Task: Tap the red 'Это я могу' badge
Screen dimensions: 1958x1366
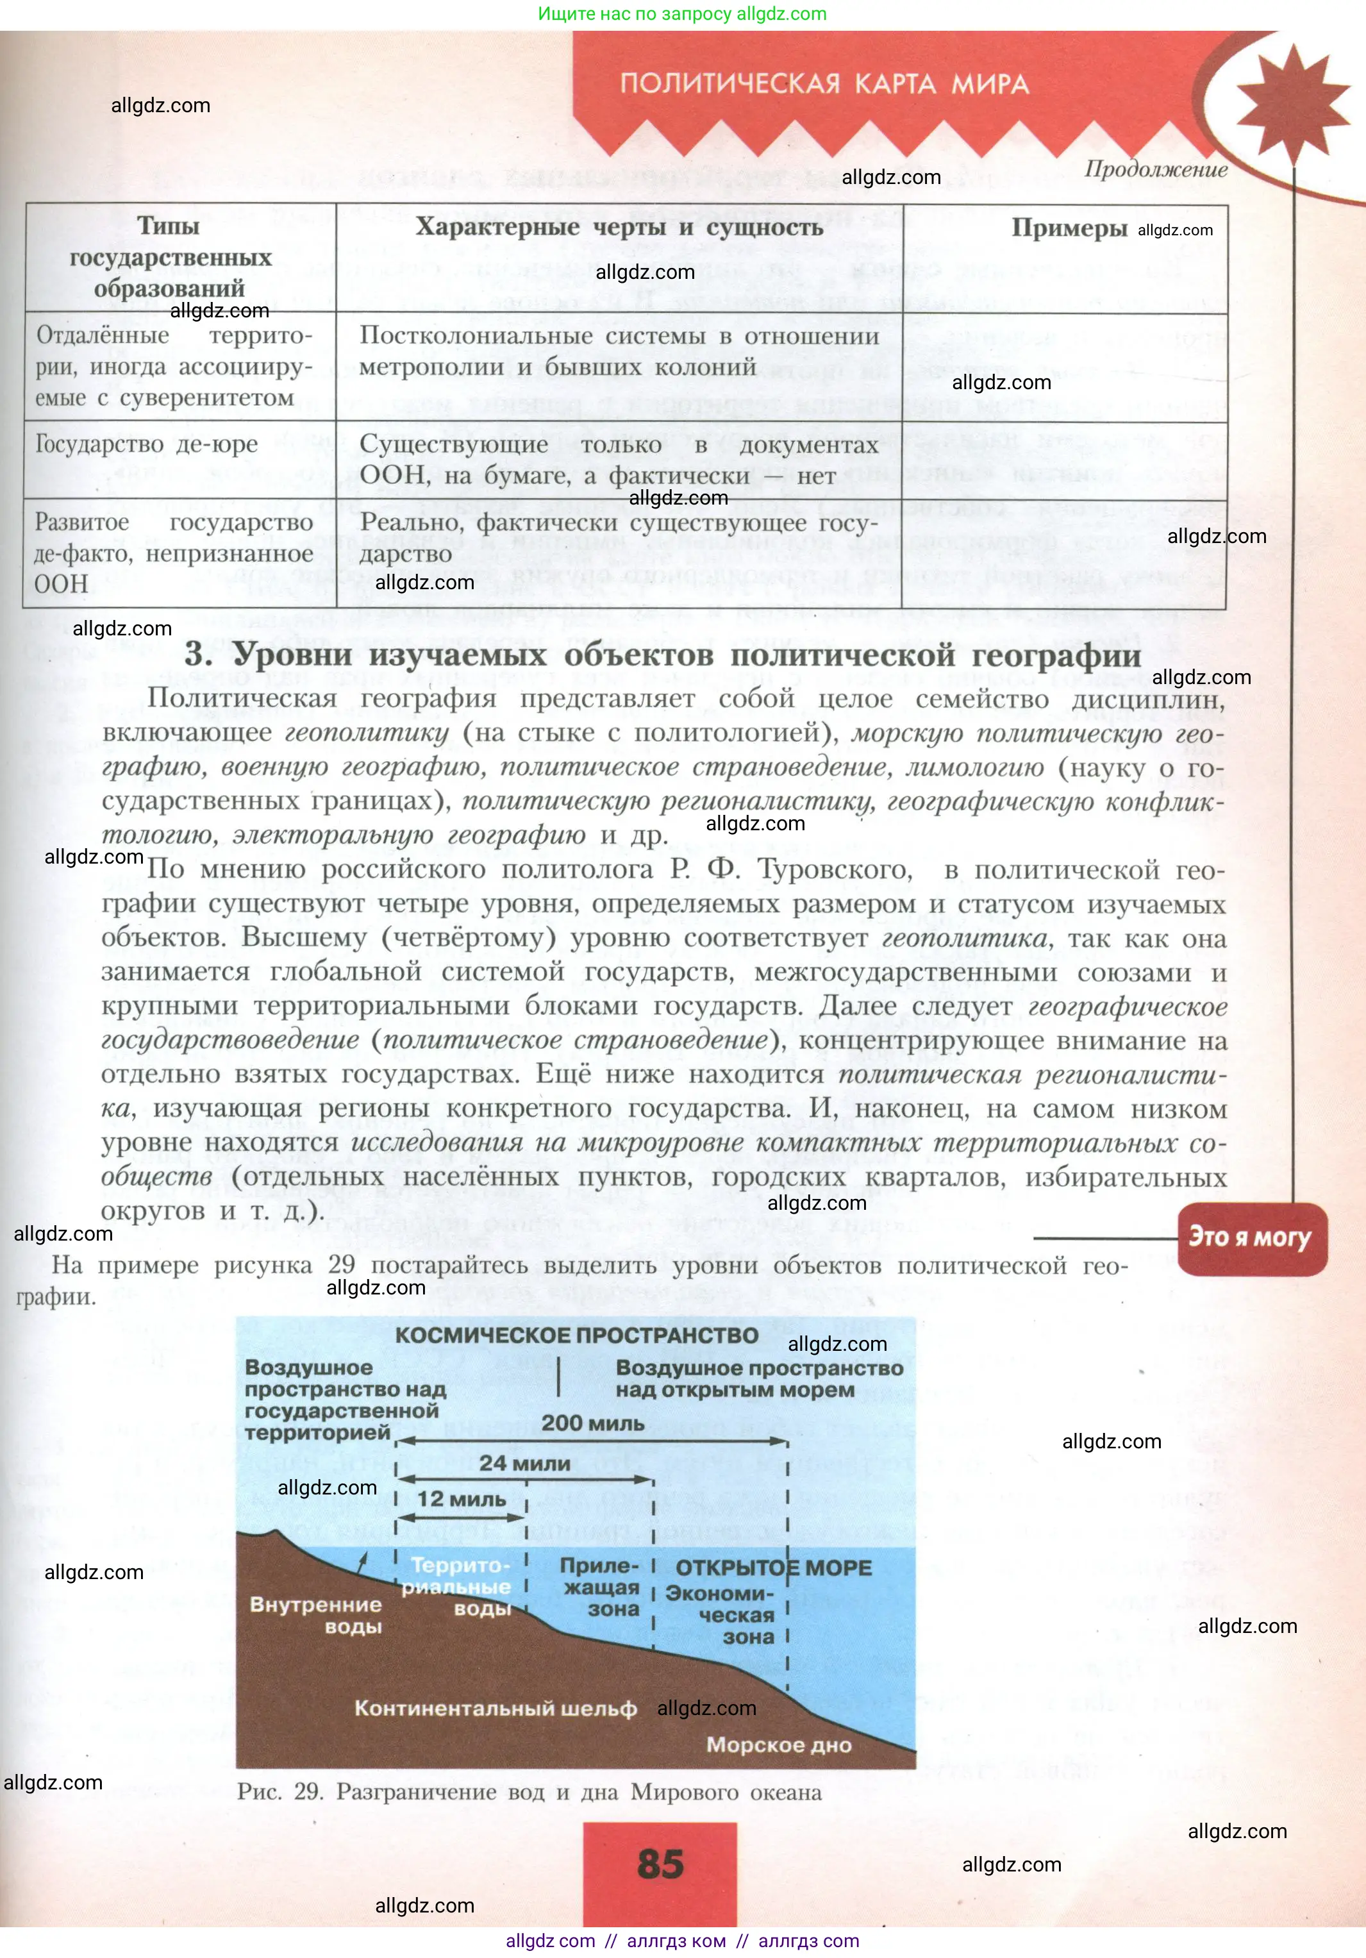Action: tap(1250, 1237)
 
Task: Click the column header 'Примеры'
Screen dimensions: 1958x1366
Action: tap(1069, 228)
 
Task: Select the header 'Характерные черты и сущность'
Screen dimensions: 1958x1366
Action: tap(619, 227)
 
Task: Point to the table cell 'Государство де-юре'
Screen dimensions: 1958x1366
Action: tap(147, 444)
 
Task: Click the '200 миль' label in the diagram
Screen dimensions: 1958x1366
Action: tap(592, 1423)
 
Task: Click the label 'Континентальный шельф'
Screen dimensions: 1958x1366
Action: tap(496, 1708)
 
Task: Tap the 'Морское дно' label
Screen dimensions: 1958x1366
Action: tap(778, 1745)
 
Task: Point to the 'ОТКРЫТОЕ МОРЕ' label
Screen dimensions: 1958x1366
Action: tap(774, 1568)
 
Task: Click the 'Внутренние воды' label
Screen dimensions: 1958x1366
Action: tap(315, 1615)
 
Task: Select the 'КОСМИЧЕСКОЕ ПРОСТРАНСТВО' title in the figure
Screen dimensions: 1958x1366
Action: tap(576, 1335)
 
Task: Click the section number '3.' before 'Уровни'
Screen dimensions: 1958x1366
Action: tap(198, 655)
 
